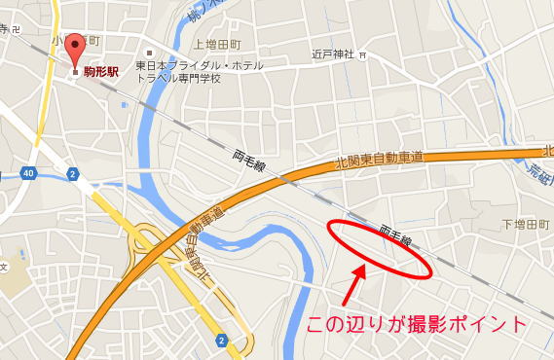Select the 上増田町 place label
(x=217, y=44)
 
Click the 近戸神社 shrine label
(x=332, y=54)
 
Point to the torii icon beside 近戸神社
(x=363, y=55)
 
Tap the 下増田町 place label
(x=526, y=225)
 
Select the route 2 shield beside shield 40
(x=72, y=173)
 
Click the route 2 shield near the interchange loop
(x=223, y=340)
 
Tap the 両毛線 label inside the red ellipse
(x=396, y=238)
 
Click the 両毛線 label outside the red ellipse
(x=250, y=162)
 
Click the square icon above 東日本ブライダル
(x=150, y=53)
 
